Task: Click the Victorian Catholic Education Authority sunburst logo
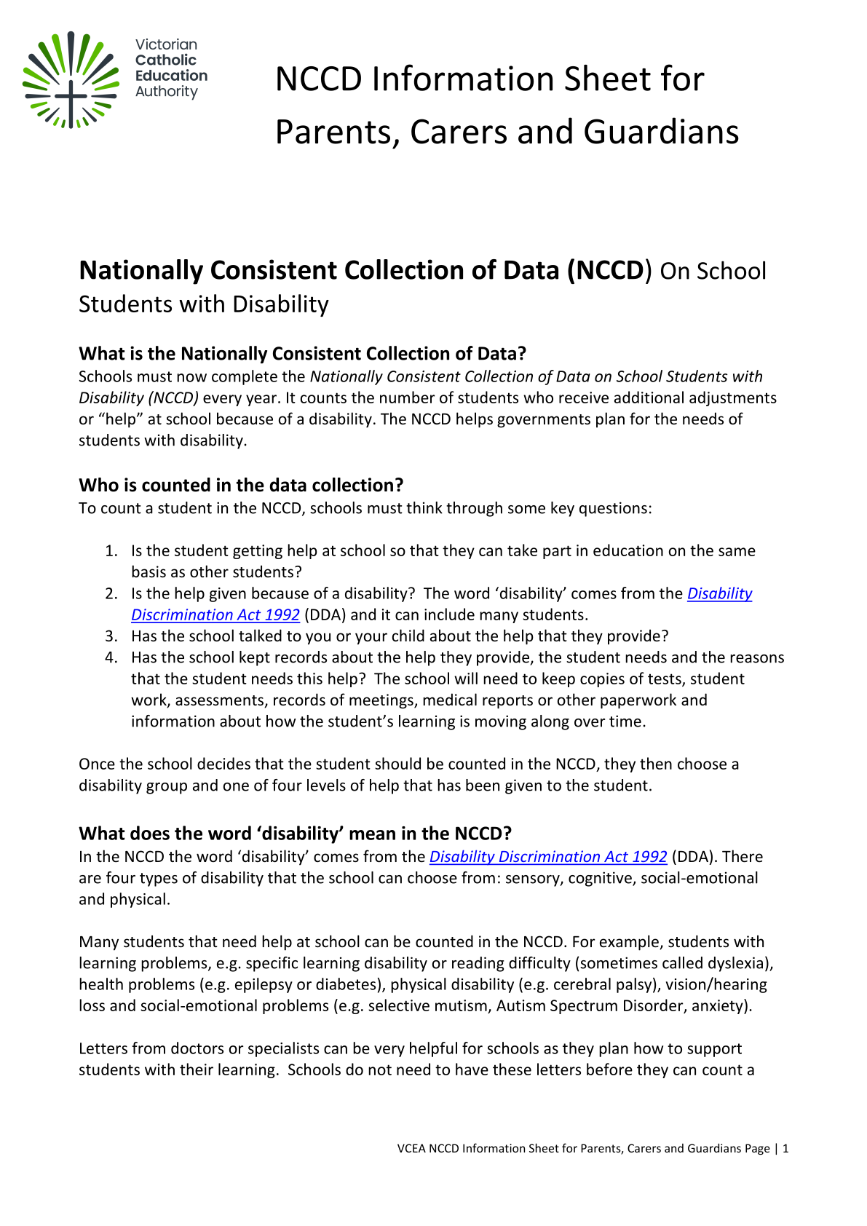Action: click(x=71, y=80)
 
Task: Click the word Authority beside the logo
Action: click(x=167, y=92)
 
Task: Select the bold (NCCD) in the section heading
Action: click(x=609, y=270)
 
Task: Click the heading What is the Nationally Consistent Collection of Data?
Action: click(x=302, y=354)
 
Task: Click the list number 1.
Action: click(x=111, y=551)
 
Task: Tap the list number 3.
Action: click(x=111, y=636)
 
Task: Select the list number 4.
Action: click(x=111, y=657)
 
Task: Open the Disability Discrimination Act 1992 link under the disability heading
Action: click(x=548, y=857)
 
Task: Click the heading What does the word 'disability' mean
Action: click(x=295, y=834)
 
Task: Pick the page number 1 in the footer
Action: click(x=785, y=1149)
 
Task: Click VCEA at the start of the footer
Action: click(x=411, y=1149)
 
